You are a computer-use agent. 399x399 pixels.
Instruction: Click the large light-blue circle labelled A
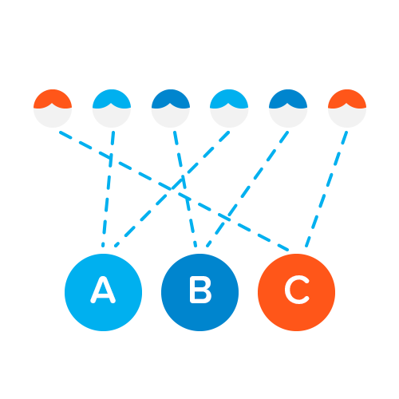103,292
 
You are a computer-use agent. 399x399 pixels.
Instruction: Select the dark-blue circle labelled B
199,292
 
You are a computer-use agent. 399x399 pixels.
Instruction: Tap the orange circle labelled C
296,292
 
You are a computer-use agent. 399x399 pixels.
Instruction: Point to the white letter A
103,290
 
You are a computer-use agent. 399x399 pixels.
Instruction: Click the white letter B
200,290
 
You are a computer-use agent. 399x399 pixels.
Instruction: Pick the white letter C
297,290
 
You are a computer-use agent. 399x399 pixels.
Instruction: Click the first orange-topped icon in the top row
53,109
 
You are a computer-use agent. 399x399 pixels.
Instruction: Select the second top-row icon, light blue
112,109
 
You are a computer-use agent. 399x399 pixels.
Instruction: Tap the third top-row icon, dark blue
171,109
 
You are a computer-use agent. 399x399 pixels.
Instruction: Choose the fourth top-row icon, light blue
229,109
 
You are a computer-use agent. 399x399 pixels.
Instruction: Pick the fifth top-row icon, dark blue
288,109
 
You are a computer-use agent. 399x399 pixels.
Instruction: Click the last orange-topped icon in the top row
347,109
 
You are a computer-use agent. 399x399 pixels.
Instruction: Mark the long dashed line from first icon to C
174,191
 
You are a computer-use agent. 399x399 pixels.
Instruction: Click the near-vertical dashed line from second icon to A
108,189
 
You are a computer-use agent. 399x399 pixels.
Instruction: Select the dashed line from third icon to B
185,189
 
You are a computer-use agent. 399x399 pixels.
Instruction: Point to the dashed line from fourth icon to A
172,189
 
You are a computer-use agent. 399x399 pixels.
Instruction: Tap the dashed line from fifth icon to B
247,189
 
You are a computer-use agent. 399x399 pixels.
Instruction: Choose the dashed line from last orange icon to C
326,189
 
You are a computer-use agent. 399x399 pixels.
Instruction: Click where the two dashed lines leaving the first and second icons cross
111,158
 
